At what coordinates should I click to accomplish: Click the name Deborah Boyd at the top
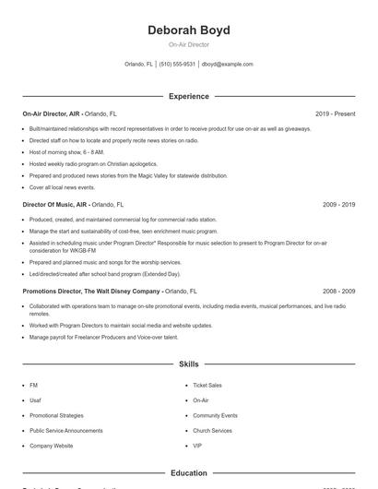point(188,30)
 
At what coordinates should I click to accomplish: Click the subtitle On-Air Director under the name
point(188,44)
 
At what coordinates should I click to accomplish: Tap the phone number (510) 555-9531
point(177,65)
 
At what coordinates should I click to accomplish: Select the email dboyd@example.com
point(227,65)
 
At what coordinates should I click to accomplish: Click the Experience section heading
point(188,96)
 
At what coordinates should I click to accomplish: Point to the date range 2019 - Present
point(335,114)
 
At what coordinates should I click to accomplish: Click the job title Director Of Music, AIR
point(55,205)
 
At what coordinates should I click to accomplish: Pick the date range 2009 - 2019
point(338,205)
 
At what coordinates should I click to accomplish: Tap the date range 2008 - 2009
point(338,291)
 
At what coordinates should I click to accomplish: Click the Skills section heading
point(188,364)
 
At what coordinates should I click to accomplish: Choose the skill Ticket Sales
point(207,385)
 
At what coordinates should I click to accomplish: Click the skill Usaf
point(35,400)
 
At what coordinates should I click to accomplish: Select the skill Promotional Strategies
point(56,415)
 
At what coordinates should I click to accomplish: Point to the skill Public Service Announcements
point(65,431)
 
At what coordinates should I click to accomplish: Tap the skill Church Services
point(212,431)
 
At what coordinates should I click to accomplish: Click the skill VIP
point(197,446)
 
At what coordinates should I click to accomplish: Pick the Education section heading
point(188,472)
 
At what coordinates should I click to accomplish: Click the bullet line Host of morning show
point(66,151)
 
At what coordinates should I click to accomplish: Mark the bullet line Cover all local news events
point(62,186)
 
